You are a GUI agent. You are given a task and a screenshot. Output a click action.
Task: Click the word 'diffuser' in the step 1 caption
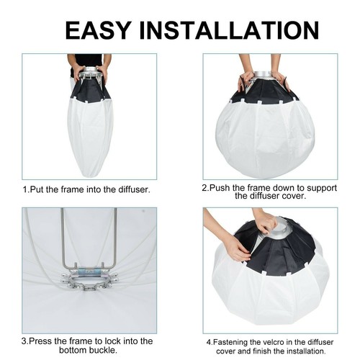(130, 189)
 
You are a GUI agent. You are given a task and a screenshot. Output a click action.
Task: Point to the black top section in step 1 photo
(90, 89)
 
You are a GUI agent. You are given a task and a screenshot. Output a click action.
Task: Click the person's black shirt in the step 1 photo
(90, 59)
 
